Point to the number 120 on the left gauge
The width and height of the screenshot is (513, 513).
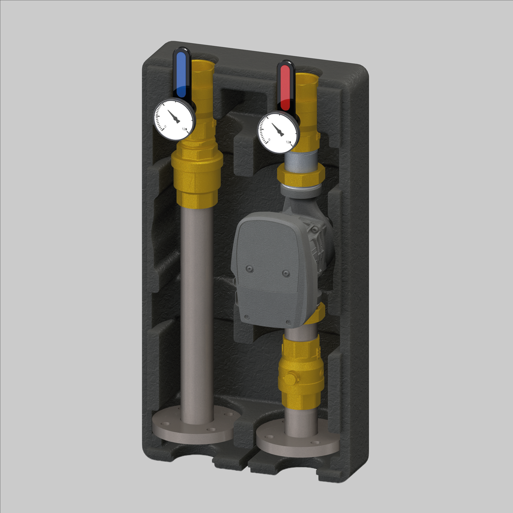(x=184, y=129)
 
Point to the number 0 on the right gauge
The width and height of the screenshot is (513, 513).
(x=269, y=139)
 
